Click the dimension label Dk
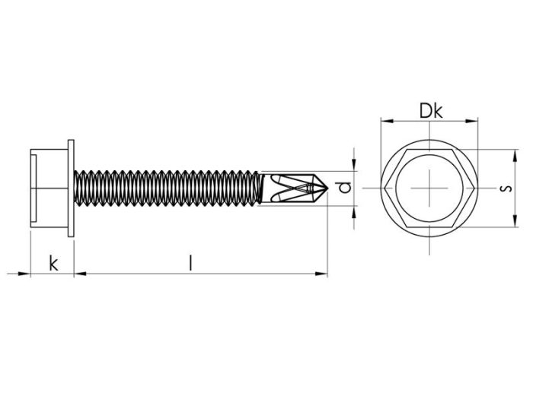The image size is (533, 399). [x=430, y=111]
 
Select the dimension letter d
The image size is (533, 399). [x=346, y=188]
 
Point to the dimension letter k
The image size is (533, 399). [x=53, y=264]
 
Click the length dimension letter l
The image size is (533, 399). [x=192, y=263]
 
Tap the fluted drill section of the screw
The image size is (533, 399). [x=293, y=188]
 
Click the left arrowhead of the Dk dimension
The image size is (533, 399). [x=385, y=121]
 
